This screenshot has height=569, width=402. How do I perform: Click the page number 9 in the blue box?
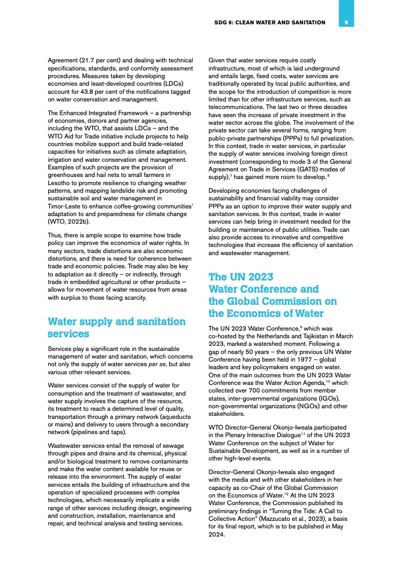pos(346,22)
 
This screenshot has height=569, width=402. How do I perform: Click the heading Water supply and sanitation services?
pos(116,328)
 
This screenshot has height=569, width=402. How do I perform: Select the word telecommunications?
pos(239,108)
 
